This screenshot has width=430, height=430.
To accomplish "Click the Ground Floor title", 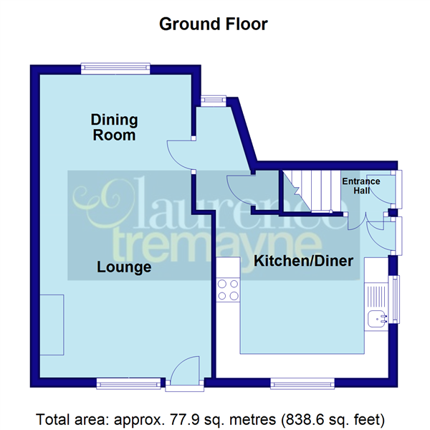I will (213, 24).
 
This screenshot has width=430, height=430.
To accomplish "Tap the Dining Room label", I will (114, 127).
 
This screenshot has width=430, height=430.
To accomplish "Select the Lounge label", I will (124, 267).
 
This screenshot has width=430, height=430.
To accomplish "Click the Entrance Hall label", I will (360, 186).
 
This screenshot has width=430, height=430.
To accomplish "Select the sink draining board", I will (376, 294).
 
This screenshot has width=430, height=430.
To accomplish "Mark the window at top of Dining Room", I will (115, 69).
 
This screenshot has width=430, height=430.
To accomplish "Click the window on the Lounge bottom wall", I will (130, 385).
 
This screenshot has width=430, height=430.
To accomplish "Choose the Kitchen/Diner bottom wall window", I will (302, 383).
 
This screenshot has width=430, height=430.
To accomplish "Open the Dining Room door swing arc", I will (177, 152).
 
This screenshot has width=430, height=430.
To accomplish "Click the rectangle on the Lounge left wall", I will (52, 323).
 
